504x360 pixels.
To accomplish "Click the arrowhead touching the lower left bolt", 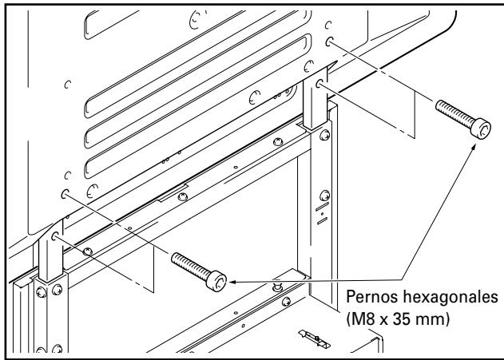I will (232, 281).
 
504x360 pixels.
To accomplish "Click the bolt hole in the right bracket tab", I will (320, 83).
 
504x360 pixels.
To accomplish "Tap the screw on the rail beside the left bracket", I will (88, 251).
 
